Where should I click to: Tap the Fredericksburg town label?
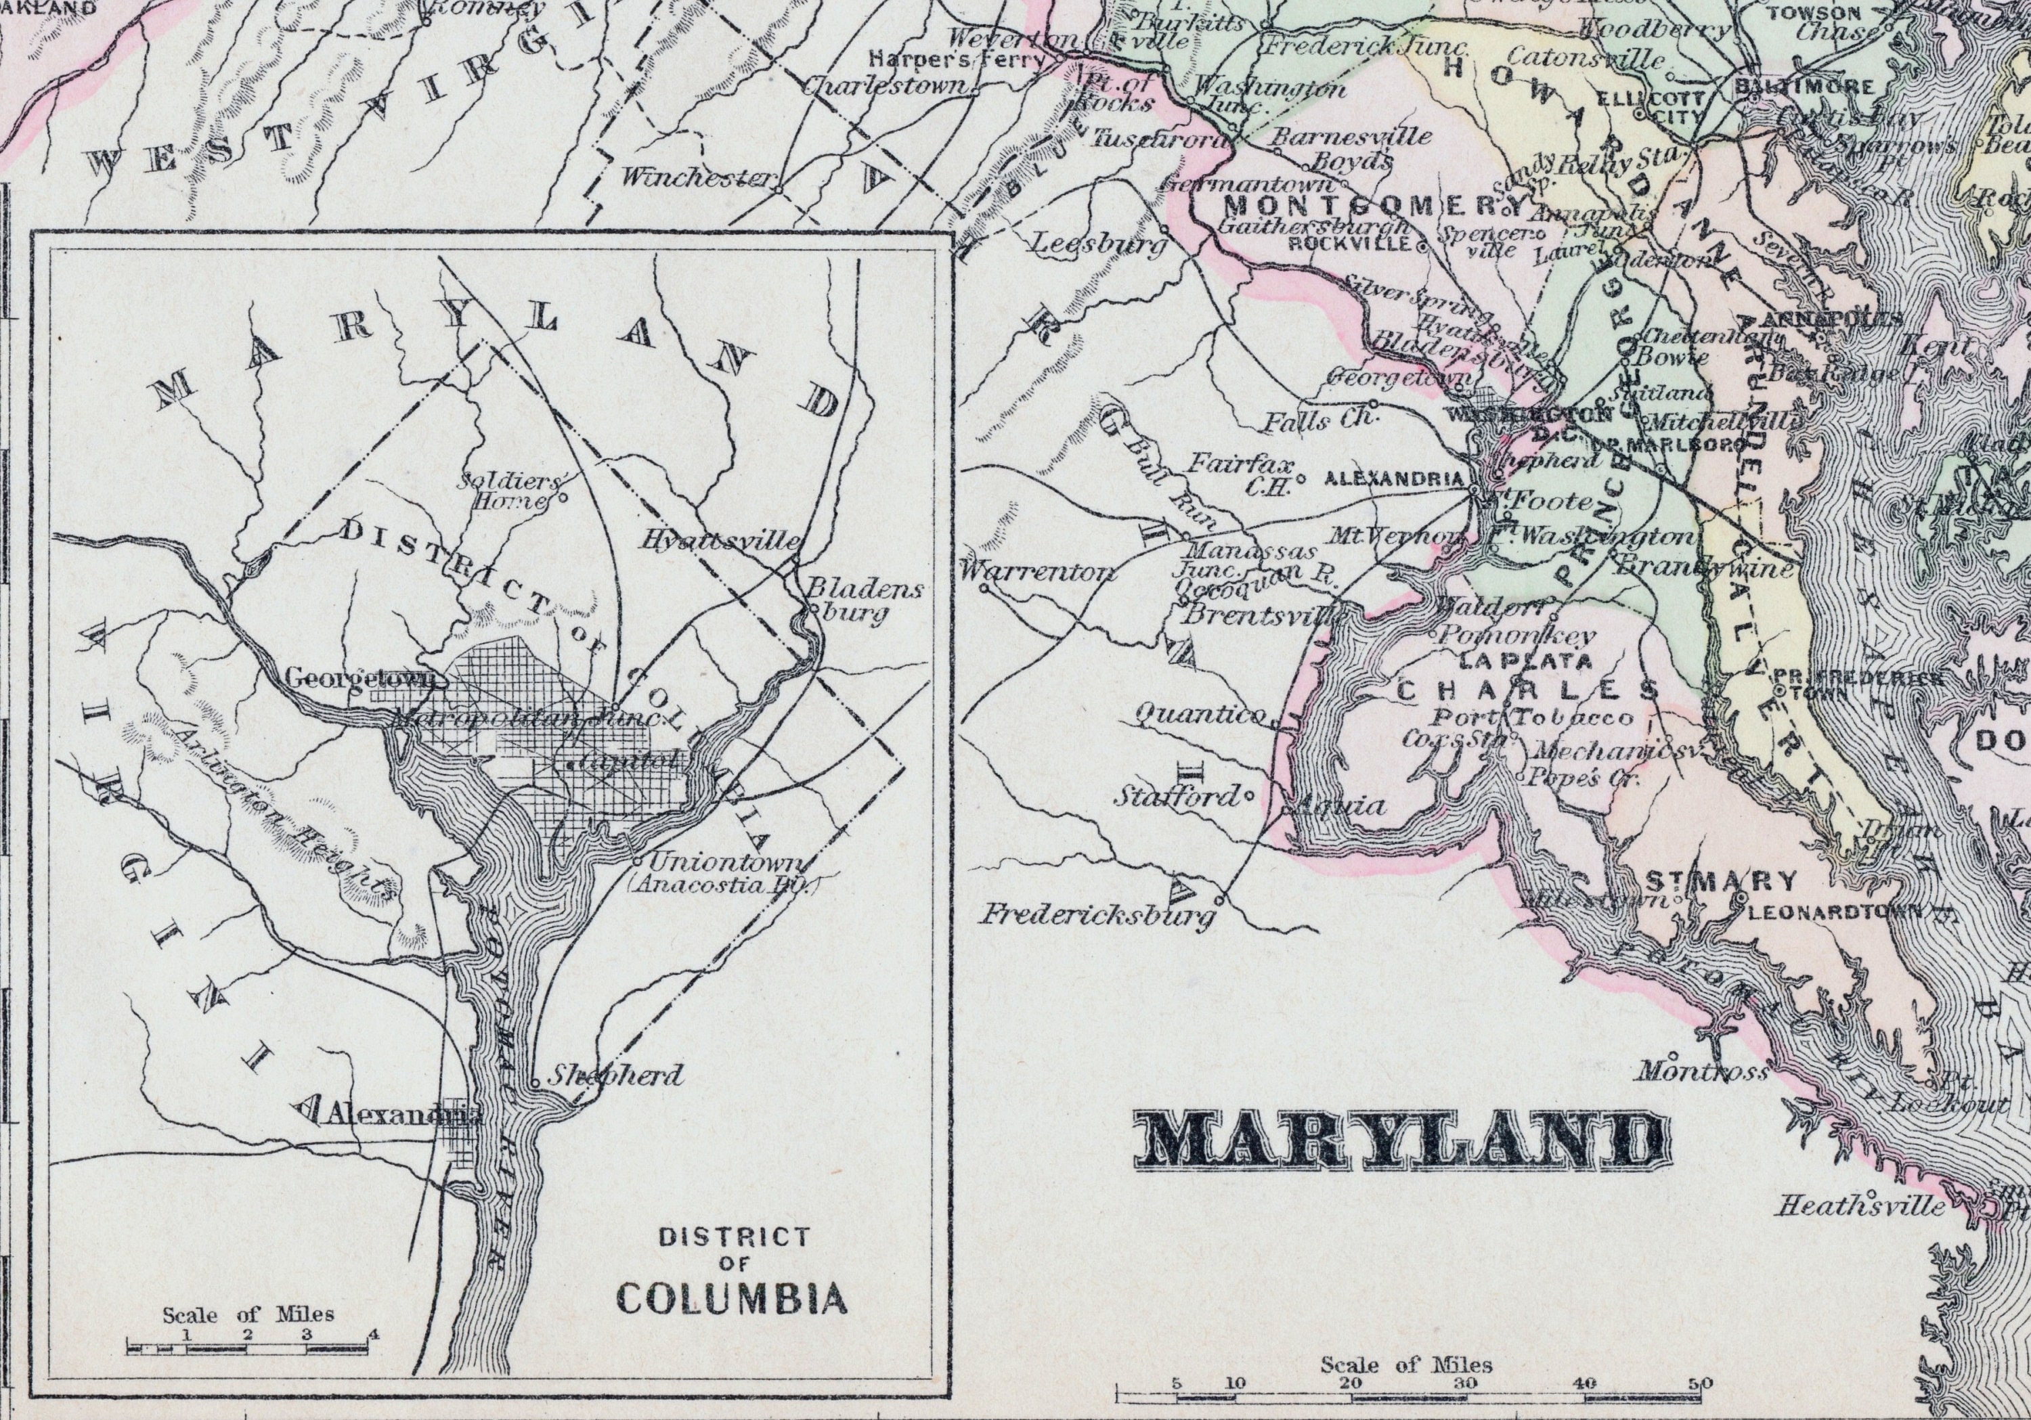(1097, 915)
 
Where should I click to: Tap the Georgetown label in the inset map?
(361, 678)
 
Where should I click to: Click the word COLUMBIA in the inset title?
(732, 1299)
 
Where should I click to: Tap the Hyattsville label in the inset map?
(722, 540)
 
